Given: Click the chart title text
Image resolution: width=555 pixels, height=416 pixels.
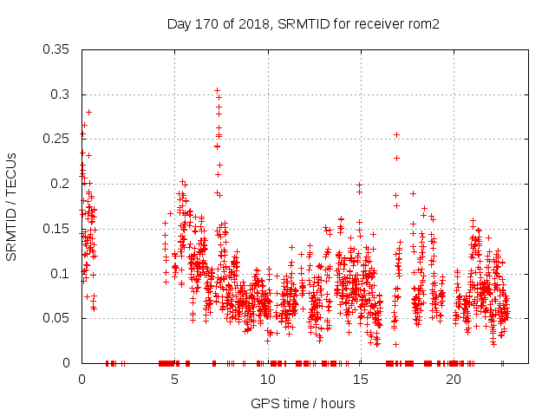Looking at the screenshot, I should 304,24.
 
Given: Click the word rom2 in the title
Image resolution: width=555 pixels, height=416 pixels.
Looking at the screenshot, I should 424,24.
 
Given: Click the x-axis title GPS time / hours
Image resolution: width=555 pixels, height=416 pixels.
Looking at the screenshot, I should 303,403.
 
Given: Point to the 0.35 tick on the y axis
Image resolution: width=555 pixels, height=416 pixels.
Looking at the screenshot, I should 58,49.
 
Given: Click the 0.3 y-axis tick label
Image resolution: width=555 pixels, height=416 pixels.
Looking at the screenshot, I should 62,94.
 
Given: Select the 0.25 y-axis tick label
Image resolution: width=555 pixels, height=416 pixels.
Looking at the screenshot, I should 58,139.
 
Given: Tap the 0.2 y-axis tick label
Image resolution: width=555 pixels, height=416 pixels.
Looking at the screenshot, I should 62,184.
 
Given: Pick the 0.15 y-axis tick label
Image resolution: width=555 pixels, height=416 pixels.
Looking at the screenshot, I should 58,229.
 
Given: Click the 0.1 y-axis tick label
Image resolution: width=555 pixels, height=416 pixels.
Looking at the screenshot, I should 62,273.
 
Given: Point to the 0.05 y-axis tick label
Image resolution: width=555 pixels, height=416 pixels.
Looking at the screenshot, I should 58,318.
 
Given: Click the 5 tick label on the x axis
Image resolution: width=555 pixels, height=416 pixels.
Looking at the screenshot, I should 174,380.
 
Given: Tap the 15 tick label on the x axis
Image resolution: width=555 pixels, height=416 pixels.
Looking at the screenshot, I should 360,380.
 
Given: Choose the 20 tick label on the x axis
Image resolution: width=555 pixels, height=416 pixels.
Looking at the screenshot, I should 453,380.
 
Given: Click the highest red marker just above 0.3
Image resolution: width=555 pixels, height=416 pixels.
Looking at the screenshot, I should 217,90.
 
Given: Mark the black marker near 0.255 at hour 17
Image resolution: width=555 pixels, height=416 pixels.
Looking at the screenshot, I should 396,134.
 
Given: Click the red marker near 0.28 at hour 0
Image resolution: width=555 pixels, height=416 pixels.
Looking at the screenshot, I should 88,112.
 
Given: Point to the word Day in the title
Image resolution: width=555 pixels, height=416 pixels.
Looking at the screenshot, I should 179,24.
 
